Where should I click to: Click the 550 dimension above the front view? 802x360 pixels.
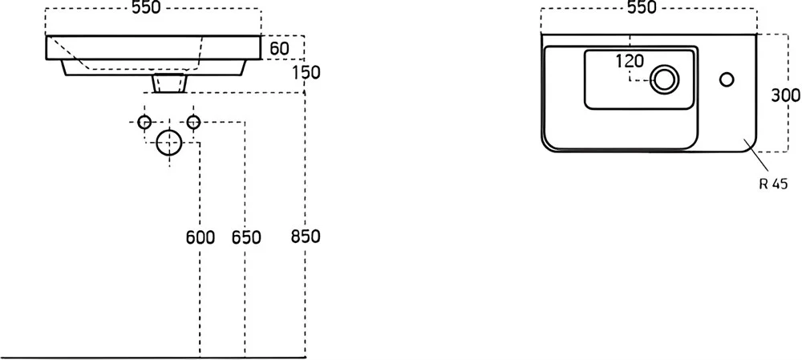pos(146,8)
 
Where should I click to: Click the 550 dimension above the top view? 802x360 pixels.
pos(642,8)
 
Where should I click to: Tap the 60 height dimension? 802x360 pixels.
pos(279,49)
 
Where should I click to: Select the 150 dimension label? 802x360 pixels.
pos(306,73)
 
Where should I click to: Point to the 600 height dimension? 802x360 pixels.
pos(200,237)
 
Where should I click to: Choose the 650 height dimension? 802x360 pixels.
pos(246,237)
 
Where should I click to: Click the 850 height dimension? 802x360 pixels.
pos(306,237)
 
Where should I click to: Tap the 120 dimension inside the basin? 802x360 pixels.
pos(629,62)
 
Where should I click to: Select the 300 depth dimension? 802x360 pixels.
pos(786,95)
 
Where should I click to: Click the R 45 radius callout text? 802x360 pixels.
pos(773,184)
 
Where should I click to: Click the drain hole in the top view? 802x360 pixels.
pos(664,79)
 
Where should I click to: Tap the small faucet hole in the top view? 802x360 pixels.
pos(727,79)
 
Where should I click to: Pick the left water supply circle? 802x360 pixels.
pos(144,122)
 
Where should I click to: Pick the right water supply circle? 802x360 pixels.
pos(193,122)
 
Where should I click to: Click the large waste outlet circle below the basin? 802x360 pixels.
pos(168,142)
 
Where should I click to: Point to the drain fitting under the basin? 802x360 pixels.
pos(169,83)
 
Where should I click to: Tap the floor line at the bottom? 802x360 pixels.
pos(153,357)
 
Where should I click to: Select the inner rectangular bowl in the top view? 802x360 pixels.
pos(640,79)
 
